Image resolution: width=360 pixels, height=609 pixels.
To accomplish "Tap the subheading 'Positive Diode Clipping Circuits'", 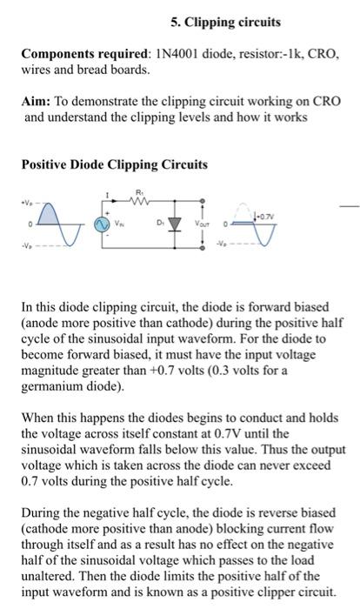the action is point(114,164).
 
